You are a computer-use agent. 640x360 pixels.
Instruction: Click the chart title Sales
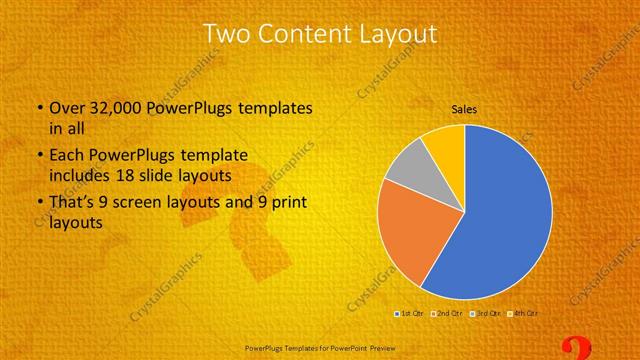point(464,108)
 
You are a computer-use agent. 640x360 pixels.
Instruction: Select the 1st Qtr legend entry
point(410,314)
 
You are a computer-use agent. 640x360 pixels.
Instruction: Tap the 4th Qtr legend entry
point(523,314)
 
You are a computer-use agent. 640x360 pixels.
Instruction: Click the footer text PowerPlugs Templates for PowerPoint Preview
point(320,349)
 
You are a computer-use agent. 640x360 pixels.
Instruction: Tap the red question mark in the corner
point(578,349)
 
